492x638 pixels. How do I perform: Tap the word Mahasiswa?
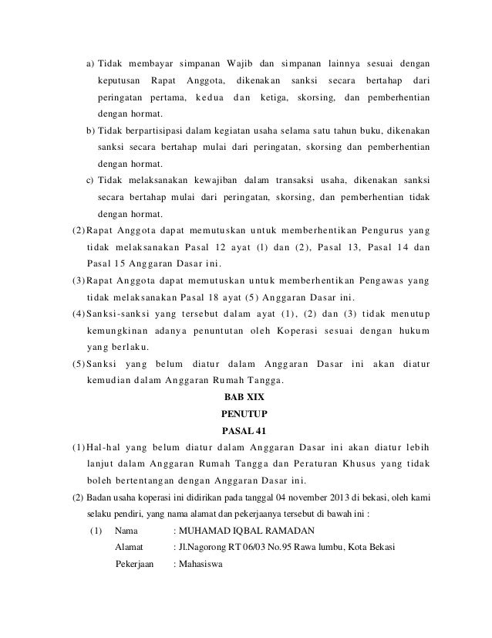point(199,565)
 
